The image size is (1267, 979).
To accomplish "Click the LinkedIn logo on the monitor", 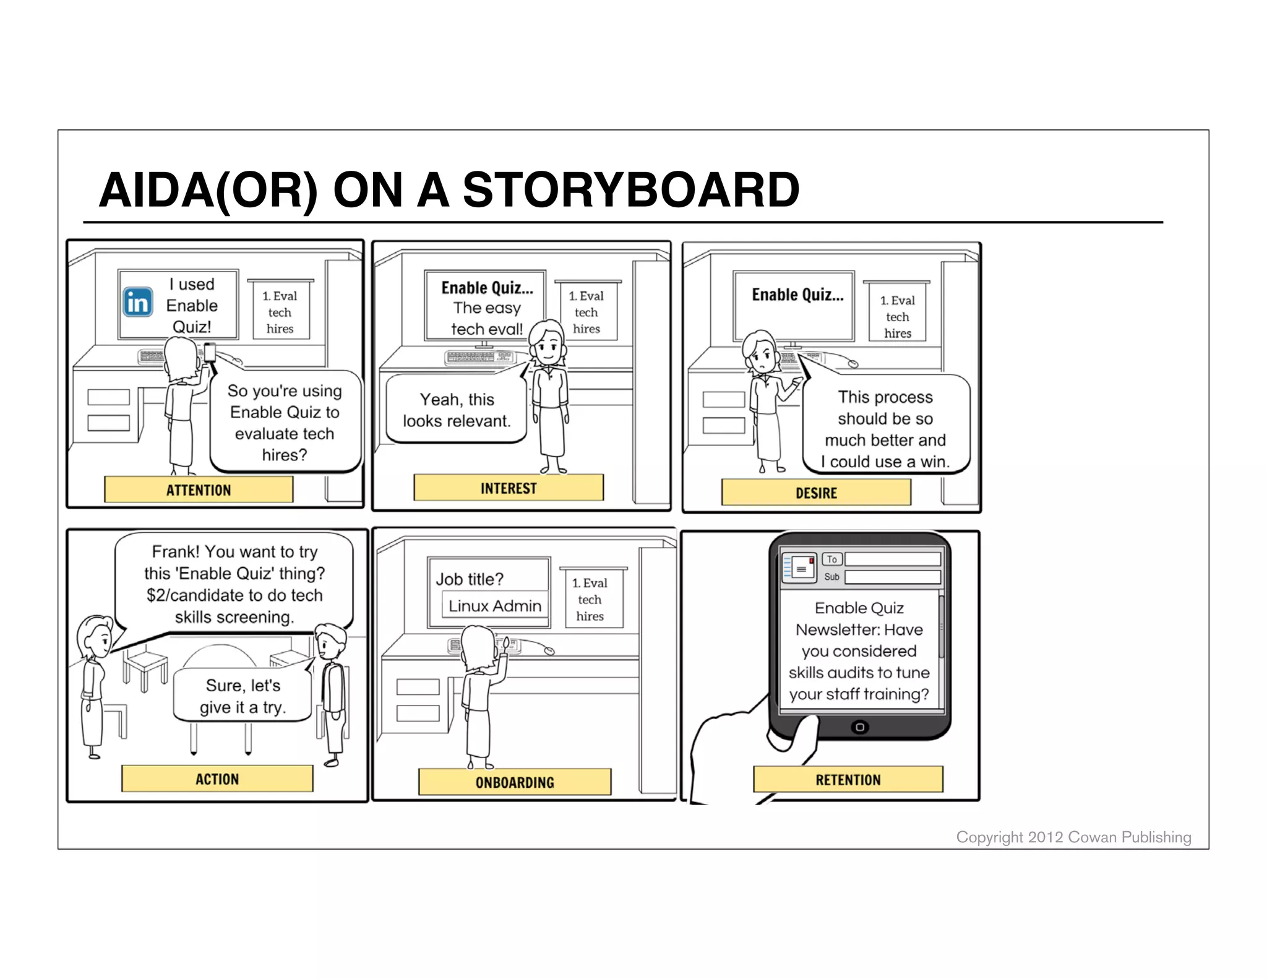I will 137,303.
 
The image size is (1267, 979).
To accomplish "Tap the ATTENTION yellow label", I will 199,490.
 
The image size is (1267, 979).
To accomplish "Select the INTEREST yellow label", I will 509,488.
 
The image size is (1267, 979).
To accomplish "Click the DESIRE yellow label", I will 816,493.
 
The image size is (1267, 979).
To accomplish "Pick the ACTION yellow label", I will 217,779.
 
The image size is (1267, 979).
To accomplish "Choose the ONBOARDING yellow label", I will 515,782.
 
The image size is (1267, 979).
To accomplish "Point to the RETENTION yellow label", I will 848,780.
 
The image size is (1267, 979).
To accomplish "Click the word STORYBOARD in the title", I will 631,190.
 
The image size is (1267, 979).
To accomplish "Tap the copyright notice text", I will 1073,837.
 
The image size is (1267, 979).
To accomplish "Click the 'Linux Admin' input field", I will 494,606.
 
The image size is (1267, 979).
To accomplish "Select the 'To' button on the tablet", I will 832,559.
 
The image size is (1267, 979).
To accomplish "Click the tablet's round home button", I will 859,727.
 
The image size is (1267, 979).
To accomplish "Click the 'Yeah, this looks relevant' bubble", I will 457,410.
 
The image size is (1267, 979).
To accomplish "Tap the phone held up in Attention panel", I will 210,352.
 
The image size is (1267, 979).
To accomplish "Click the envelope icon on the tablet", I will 802,567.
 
